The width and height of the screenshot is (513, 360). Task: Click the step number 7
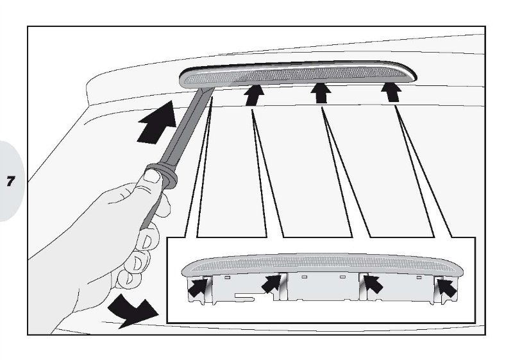pos(11,181)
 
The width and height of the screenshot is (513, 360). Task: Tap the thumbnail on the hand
pos(152,176)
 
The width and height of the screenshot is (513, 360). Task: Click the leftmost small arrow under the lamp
pos(254,95)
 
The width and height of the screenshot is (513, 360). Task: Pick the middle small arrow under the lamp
pos(321,93)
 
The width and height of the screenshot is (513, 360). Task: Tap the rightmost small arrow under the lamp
pos(391,92)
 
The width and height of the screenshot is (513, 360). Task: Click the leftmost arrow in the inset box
pos(198,287)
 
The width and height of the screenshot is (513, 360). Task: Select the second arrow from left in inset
pos(271,284)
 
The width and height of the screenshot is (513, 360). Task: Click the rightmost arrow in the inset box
pos(447,287)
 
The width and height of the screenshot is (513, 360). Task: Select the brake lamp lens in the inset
pos(323,264)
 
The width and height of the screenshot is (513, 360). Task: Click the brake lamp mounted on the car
pos(298,74)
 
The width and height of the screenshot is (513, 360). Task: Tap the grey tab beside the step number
pos(12,181)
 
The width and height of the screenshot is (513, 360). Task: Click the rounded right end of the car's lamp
pos(410,73)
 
